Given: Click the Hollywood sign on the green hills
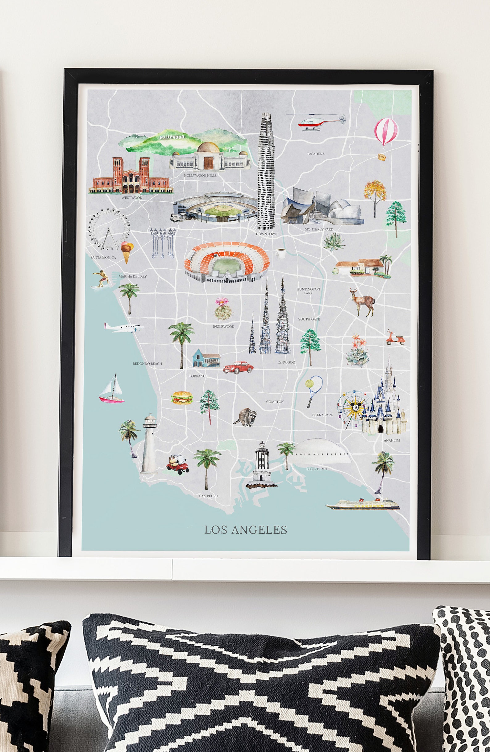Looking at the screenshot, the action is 172,137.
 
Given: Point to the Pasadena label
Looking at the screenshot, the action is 316,154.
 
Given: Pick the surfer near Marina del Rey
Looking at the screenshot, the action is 101,279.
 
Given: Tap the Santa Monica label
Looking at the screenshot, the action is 103,258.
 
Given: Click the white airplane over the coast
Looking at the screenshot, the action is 124,327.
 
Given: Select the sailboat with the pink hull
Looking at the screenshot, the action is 112,390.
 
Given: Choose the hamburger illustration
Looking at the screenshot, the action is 182,398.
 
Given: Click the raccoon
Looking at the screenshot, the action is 246,416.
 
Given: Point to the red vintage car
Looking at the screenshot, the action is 238,367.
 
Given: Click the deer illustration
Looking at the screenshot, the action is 363,301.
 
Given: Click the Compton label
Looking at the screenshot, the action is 275,402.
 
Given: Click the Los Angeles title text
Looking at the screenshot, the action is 246,530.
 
